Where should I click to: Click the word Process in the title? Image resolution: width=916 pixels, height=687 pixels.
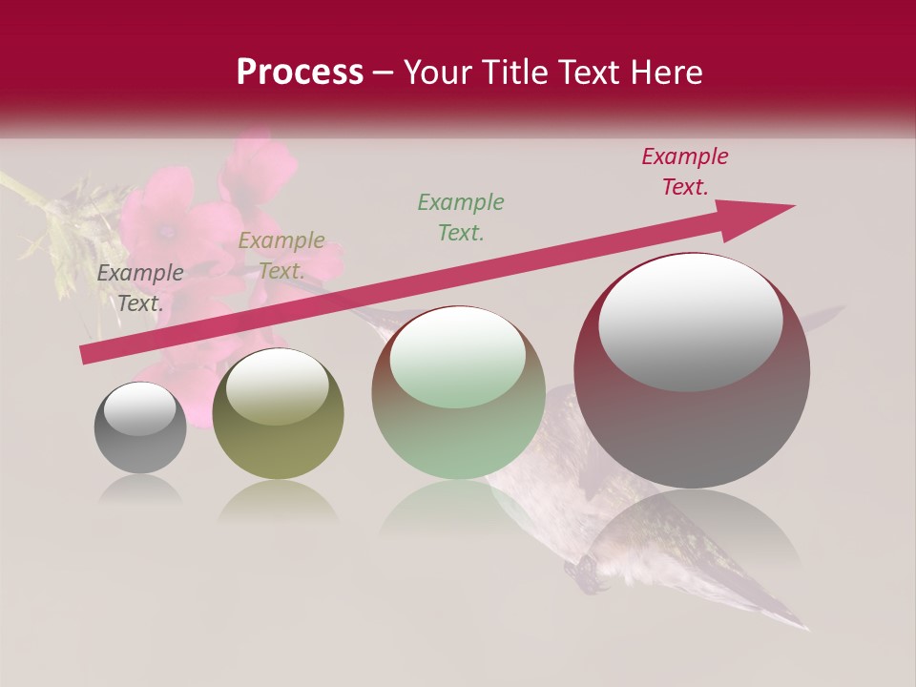pos(300,73)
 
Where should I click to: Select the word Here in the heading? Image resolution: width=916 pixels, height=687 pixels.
pos(664,73)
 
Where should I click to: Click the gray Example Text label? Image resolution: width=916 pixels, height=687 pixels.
pos(140,288)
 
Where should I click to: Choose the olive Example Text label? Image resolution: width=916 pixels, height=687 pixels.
pos(281,256)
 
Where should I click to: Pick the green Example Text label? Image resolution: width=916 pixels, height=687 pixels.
pos(461,217)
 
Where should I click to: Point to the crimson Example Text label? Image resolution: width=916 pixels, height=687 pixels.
pos(685,172)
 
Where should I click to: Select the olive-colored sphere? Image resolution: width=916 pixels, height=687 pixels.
pos(278,415)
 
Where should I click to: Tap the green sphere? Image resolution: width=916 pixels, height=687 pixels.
pos(458,393)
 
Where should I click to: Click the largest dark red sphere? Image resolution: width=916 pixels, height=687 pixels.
pos(692,372)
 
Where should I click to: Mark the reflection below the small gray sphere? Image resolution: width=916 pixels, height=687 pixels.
pos(140,489)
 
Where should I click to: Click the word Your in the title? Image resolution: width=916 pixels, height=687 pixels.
pos(435,73)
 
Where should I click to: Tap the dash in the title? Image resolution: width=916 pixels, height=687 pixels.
pos(383,73)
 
